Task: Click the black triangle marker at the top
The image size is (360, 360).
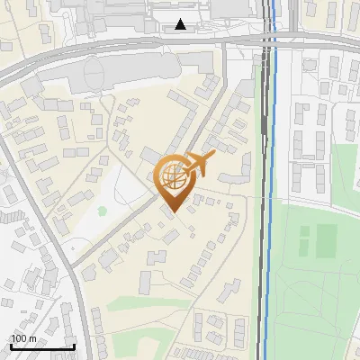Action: click(x=181, y=24)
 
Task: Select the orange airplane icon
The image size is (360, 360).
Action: click(x=200, y=163)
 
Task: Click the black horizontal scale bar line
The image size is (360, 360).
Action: click(x=41, y=346)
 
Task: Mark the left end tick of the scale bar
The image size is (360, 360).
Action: click(x=10, y=344)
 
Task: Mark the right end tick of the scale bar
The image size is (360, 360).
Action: click(x=74, y=344)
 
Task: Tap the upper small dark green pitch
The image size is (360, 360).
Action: click(x=304, y=230)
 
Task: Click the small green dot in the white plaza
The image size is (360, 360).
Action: click(x=103, y=211)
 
